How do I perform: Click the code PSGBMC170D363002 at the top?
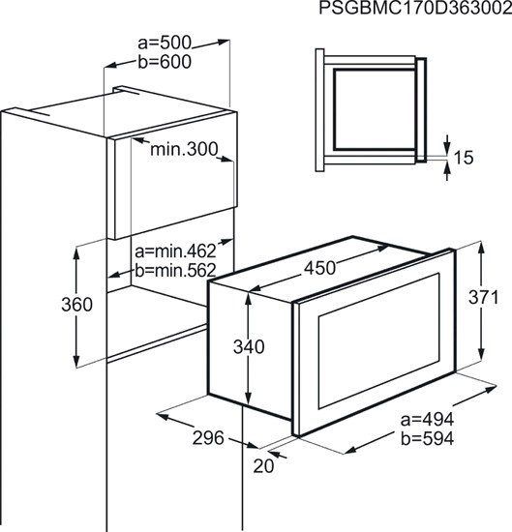415,9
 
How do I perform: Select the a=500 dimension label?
165,44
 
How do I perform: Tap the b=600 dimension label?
165,62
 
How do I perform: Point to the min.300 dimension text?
184,149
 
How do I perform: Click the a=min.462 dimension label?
175,251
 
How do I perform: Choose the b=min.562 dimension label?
175,271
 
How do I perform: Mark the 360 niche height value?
76,305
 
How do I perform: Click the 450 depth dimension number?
319,268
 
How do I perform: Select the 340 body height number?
249,347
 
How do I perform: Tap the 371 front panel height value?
484,298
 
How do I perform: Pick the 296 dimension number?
208,437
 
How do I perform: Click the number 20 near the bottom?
263,466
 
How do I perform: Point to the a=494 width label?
427,420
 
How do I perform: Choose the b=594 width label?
427,439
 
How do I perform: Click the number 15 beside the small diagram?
463,158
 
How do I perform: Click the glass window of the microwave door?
378,341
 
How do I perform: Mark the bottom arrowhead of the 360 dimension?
76,359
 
